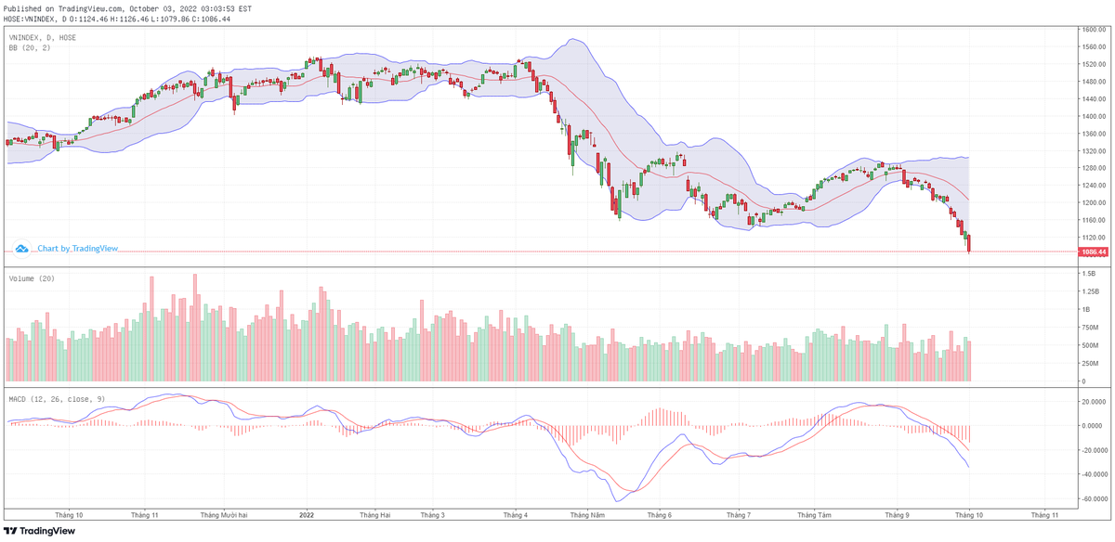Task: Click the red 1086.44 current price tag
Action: [x=1093, y=252]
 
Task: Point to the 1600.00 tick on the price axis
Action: [x=1093, y=30]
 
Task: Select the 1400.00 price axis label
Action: [x=1093, y=116]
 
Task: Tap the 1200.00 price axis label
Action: [x=1093, y=202]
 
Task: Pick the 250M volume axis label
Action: [x=1091, y=363]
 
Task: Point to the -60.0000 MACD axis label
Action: [x=1092, y=498]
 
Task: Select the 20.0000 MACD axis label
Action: [x=1092, y=402]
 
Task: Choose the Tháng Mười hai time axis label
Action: [x=223, y=514]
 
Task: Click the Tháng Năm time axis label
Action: [x=587, y=514]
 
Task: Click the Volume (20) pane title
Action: [x=31, y=278]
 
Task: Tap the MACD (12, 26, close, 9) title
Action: [x=58, y=398]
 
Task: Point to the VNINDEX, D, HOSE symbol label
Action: [x=43, y=37]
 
